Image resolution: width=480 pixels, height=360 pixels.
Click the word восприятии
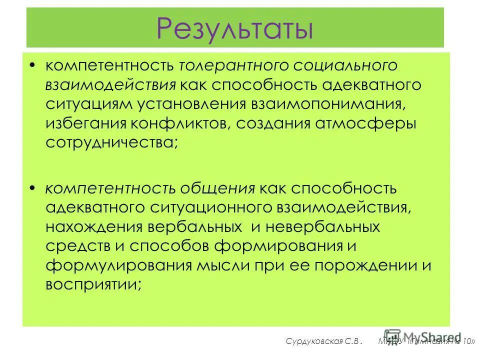pos(89,284)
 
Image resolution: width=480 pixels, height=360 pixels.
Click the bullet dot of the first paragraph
pos(32,65)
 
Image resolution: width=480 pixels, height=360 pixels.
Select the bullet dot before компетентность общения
pos(32,188)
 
